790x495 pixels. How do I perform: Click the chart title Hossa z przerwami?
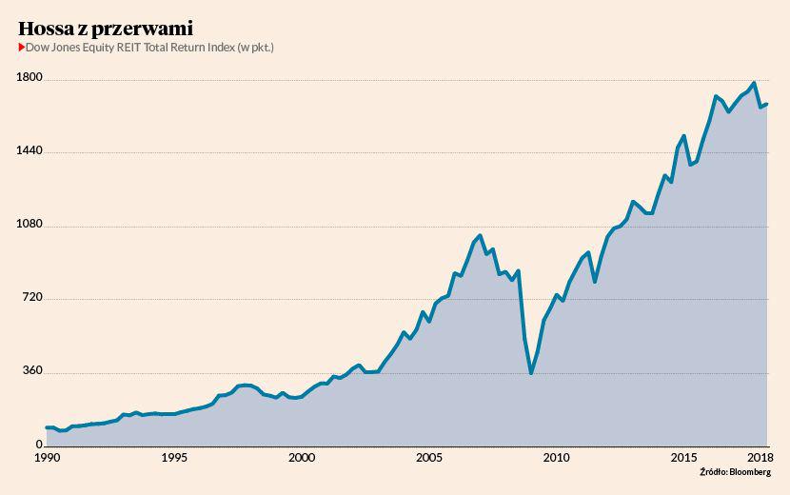[x=105, y=28]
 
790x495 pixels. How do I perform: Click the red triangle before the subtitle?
[x=22, y=46]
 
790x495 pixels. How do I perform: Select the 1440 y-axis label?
[x=30, y=151]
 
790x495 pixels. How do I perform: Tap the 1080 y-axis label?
[x=30, y=226]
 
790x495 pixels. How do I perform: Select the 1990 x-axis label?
[x=47, y=458]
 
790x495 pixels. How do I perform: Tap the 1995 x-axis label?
[x=174, y=458]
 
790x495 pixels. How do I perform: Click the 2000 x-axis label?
[x=302, y=458]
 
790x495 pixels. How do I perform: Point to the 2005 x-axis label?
[x=429, y=458]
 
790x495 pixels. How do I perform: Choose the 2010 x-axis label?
[x=557, y=458]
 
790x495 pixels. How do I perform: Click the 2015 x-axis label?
[x=684, y=458]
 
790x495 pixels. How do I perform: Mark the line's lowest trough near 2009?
[x=531, y=373]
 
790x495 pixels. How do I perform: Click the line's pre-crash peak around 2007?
[x=480, y=235]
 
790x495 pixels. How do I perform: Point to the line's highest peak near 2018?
[x=754, y=83]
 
